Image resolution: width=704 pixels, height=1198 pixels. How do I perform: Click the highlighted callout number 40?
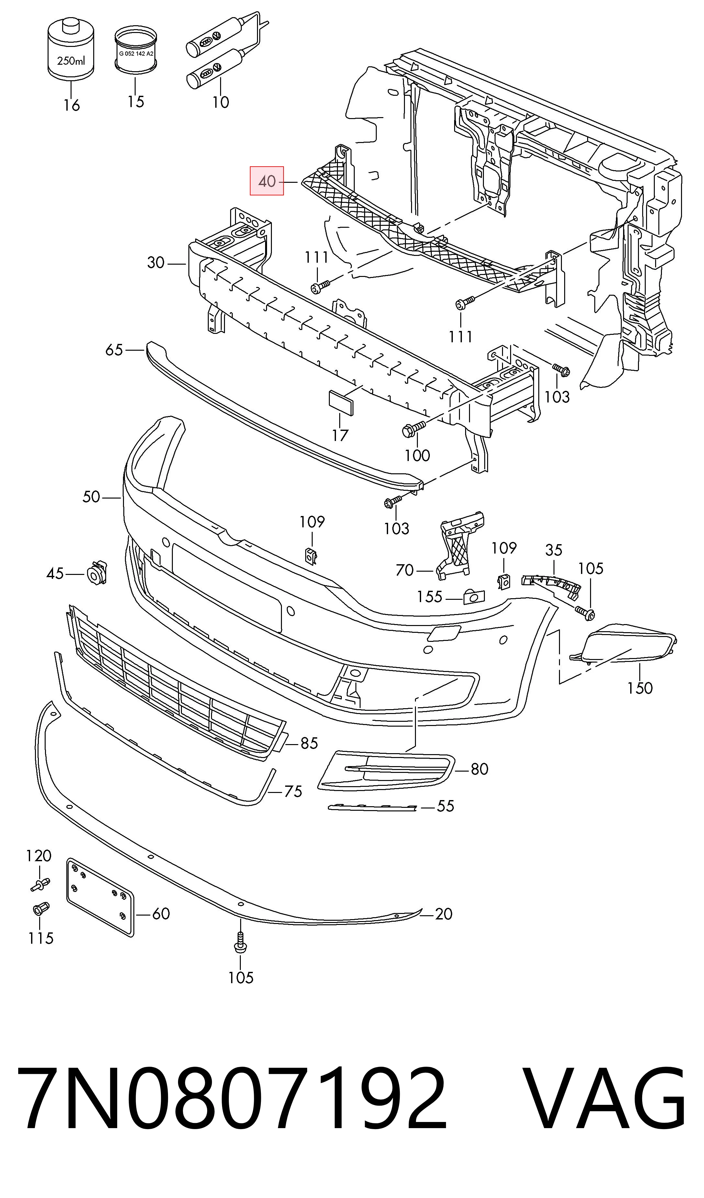(267, 181)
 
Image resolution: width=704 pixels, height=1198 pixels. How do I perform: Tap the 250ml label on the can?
(71, 61)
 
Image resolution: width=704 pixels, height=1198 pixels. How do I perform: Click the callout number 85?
(309, 743)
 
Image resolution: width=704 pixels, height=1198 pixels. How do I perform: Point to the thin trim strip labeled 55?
(373, 806)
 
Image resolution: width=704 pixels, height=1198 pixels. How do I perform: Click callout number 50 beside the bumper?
(91, 497)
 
